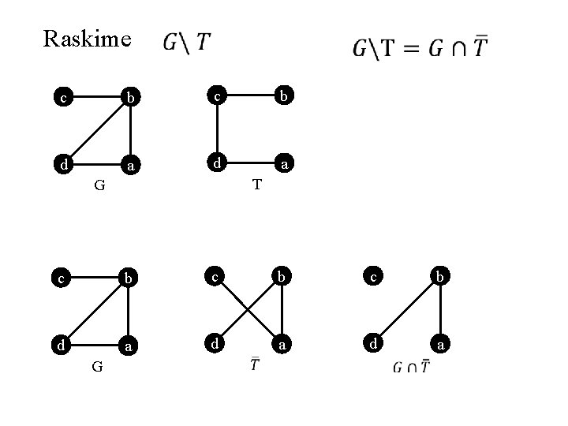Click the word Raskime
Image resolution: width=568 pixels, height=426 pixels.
tap(87, 39)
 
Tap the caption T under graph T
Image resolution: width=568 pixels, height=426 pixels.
tap(256, 185)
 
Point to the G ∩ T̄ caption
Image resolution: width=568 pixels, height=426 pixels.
tap(412, 367)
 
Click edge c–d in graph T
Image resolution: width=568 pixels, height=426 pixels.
tap(218, 131)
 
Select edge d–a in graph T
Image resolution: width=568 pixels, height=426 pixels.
tap(250, 163)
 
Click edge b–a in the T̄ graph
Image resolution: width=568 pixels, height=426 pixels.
tap(282, 311)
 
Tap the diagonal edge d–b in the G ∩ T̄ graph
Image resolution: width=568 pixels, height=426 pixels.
tap(406, 311)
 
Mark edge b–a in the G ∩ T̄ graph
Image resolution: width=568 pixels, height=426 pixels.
tap(439, 311)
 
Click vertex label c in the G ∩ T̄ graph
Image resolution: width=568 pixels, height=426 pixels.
tap(374, 275)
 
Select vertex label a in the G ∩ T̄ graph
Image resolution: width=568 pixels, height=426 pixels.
tap(441, 346)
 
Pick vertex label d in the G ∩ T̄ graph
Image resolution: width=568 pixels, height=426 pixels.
tap(373, 344)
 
